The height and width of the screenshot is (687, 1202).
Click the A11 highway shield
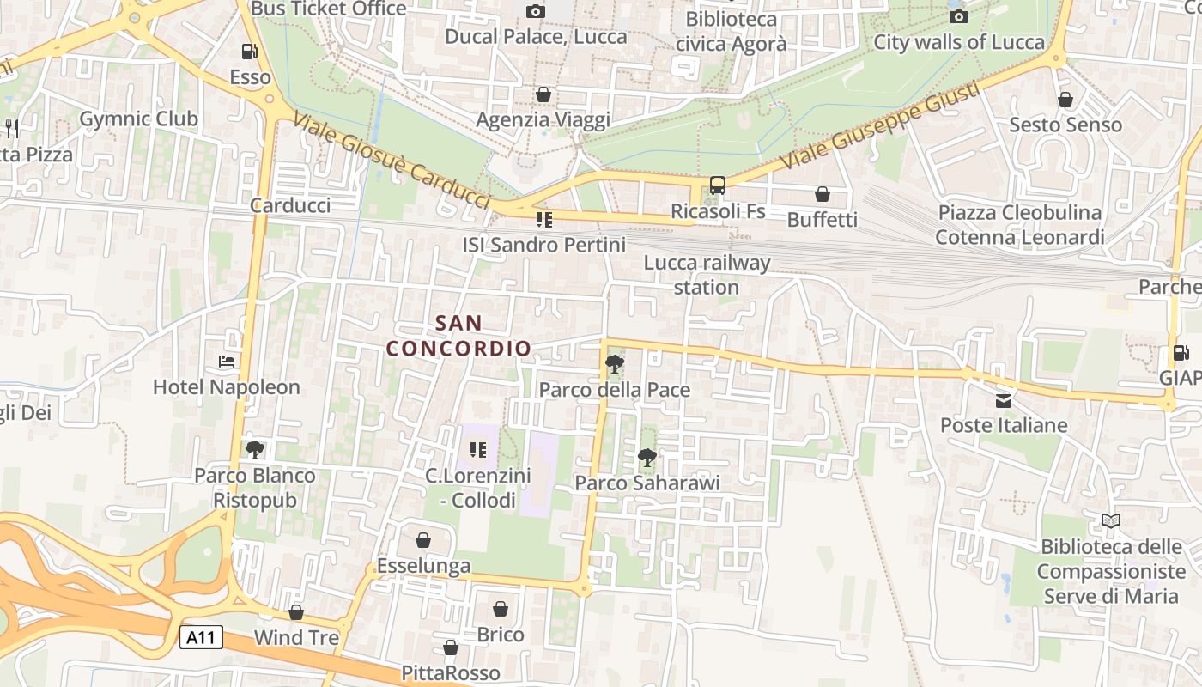tap(202, 637)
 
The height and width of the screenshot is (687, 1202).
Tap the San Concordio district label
tap(458, 336)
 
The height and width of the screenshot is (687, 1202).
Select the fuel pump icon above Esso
tap(249, 52)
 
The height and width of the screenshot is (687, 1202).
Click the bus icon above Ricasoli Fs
tap(718, 185)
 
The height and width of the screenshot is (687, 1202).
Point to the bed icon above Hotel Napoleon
tap(227, 362)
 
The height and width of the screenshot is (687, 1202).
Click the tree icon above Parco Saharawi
tap(647, 458)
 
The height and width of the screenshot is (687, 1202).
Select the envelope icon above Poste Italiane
tap(1003, 400)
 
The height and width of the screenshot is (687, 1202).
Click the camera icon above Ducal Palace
tap(535, 11)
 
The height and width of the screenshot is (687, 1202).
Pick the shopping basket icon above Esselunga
tap(423, 540)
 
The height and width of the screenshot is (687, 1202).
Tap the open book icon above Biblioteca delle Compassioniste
tap(1111, 520)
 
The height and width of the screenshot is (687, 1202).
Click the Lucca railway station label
tap(707, 275)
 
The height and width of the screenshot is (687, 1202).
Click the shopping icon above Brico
tap(501, 610)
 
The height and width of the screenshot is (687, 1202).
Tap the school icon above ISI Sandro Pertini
tap(543, 220)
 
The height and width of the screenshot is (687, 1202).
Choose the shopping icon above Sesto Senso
tap(1065, 100)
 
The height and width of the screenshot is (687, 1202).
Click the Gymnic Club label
tap(138, 119)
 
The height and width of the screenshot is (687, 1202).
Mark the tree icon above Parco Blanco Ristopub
tap(254, 449)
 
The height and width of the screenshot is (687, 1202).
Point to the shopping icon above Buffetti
tap(822, 195)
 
